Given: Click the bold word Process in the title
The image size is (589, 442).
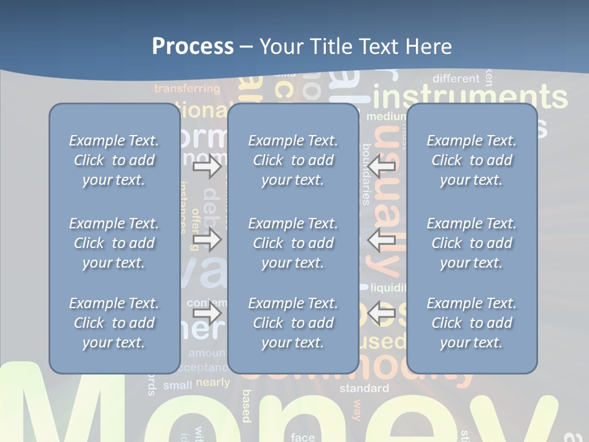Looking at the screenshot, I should (193, 47).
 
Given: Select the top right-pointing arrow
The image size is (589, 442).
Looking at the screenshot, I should (207, 166).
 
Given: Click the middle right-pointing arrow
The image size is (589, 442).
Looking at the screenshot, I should (207, 239).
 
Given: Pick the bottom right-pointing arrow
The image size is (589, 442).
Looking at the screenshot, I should (207, 314).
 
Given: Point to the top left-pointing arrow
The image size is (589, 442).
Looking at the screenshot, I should (382, 166).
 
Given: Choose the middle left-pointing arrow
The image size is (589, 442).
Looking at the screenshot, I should (382, 239).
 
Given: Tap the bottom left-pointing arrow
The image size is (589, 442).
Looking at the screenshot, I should (382, 314).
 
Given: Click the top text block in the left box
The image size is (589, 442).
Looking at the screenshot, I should (114, 160).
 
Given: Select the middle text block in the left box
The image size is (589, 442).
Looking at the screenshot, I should (114, 243).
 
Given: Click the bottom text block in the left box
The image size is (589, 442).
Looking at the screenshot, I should (114, 323).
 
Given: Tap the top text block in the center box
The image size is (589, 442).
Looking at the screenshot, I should (293, 160).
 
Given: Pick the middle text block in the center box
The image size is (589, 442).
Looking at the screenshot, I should (293, 243).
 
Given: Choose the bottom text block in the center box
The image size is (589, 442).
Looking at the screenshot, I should (293, 323).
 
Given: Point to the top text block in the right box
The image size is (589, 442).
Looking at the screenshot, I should (471, 160).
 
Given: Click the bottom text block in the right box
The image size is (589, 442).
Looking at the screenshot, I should (471, 323).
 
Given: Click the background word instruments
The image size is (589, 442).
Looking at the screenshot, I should (470, 98).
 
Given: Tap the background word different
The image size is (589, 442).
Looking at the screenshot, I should (456, 79).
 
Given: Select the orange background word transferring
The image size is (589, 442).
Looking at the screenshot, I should (187, 89).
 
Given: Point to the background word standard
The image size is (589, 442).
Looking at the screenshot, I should (364, 388).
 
